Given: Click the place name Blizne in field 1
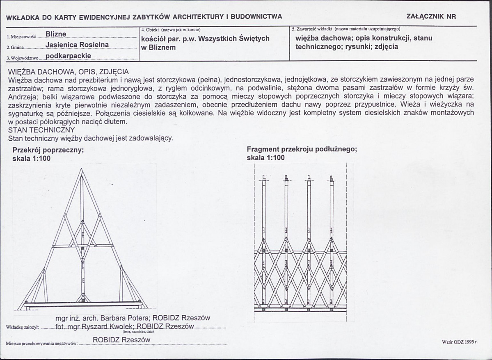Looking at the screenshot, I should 56,34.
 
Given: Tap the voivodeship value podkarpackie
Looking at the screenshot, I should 68,56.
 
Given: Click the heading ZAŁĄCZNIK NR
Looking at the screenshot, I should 431,17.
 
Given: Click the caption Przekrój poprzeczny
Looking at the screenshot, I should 48,150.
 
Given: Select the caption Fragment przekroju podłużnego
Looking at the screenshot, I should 302,150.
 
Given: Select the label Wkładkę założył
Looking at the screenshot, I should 23,327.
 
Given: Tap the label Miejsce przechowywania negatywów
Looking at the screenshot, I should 42,343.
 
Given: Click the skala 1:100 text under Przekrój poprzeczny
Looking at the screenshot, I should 32,158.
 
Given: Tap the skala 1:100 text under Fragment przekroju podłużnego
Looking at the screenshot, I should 265,158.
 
